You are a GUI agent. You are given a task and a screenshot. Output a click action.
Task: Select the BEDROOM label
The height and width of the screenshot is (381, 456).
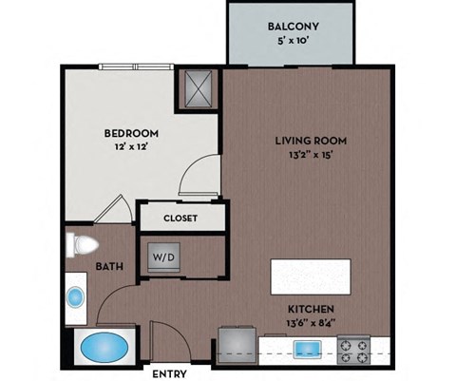pos(131,133)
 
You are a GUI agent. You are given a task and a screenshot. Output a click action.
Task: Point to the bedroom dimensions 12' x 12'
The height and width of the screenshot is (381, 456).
pos(131,149)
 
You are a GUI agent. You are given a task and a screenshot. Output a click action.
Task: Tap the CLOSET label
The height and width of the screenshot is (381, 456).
pos(180,218)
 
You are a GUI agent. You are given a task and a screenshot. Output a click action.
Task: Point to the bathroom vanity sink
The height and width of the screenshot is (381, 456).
pos(75,296)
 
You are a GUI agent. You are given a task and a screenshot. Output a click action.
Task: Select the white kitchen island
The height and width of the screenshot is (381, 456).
pos(311,276)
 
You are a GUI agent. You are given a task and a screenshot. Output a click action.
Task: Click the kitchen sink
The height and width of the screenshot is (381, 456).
pos(309,348)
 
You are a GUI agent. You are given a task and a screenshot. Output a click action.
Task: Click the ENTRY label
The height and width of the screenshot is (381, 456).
pos(168,373)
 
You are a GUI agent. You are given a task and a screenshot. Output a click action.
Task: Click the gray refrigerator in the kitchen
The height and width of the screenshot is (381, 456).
pos(237,345)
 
